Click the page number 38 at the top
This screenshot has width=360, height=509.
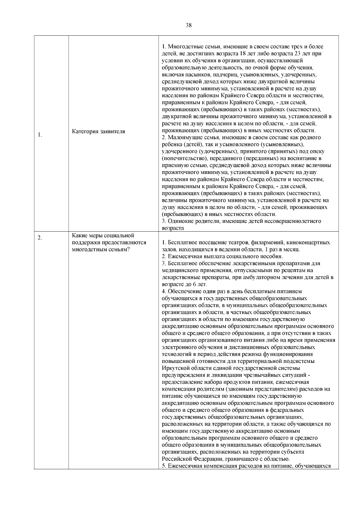tap(189, 25)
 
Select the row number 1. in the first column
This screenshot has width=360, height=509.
tap(40, 135)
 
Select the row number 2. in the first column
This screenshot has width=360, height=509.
tap(40, 238)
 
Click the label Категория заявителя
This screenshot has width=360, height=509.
tap(99, 131)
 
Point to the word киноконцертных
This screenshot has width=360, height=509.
tap(312, 242)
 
